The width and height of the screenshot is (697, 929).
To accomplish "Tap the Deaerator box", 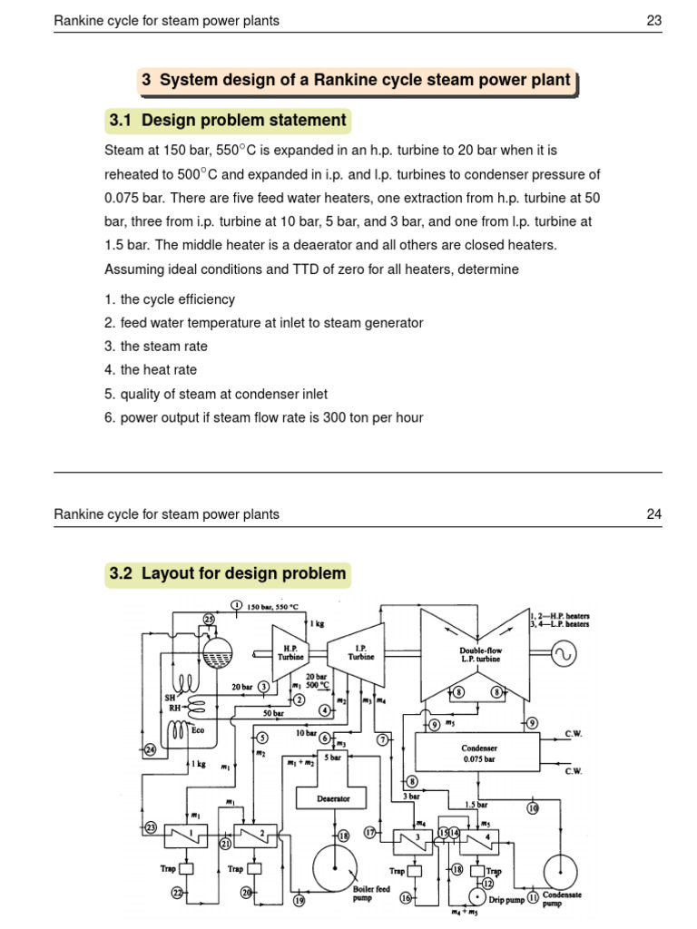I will point(333,798).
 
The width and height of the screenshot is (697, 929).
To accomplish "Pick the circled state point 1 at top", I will point(236,606).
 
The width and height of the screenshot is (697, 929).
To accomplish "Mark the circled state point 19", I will point(298,901).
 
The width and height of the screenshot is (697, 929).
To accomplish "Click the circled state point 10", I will point(533,807).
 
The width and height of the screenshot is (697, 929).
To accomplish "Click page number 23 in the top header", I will point(653,22).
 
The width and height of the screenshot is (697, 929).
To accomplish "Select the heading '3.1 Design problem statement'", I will point(227,120).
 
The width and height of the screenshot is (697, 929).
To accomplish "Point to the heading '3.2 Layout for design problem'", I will point(227,573).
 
